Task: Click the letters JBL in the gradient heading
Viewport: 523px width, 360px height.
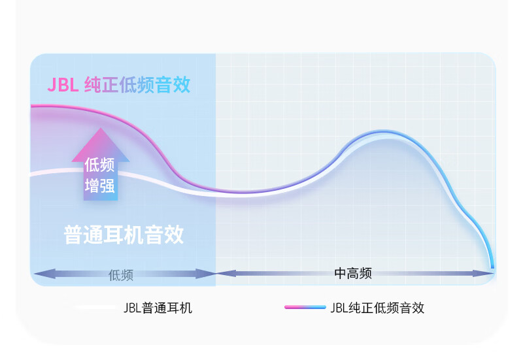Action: point(63,85)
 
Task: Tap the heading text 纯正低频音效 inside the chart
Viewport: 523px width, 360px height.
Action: point(137,85)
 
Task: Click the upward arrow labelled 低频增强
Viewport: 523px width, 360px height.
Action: point(101,164)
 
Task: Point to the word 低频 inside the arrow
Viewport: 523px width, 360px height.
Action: point(99,165)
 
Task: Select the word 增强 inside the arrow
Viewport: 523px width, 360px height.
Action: point(99,186)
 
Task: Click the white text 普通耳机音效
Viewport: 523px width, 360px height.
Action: point(124,235)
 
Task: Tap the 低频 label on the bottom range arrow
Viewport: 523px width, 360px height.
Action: point(121,275)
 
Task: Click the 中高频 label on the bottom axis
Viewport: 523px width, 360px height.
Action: point(353,273)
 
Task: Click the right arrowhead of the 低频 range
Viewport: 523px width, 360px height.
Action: point(206,274)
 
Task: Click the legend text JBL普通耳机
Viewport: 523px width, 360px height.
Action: point(158,308)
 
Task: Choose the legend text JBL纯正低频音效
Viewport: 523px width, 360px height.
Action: point(377,308)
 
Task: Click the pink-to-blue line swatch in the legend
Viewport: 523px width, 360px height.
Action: point(305,307)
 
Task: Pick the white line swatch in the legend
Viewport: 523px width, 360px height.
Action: point(94,307)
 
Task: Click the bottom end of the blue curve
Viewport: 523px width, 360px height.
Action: point(492,267)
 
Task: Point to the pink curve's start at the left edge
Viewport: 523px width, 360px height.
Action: point(31,106)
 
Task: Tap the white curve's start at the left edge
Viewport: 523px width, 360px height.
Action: point(31,174)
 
